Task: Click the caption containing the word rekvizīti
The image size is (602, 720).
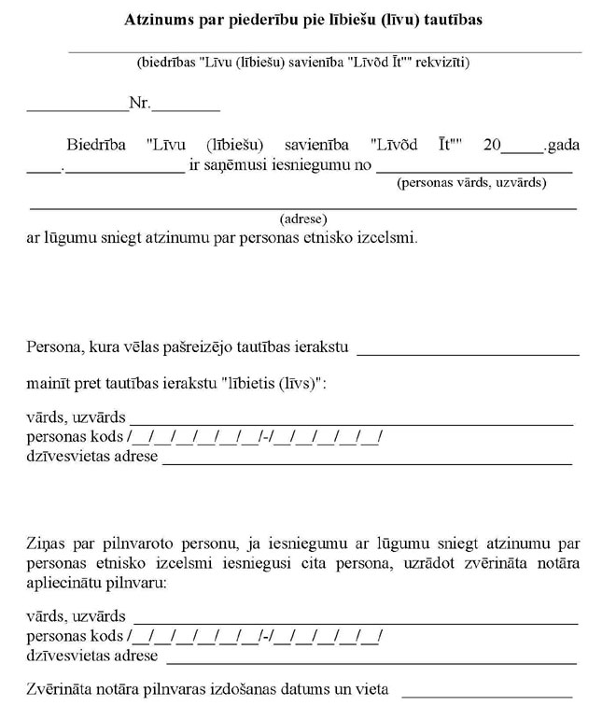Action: (302, 64)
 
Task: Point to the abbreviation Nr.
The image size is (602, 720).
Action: (139, 104)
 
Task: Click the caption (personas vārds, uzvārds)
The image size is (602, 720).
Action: (471, 183)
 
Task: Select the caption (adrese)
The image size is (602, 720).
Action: (302, 219)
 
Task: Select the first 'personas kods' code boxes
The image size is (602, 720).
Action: (256, 437)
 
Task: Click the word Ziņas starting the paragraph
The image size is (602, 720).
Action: (46, 541)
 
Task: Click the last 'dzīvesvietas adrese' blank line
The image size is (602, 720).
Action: (369, 659)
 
